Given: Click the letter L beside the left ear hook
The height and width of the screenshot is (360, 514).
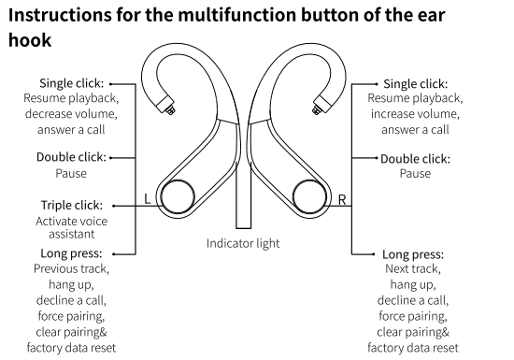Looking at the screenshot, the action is point(148,198).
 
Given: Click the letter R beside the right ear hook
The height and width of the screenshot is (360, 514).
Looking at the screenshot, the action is point(342,199).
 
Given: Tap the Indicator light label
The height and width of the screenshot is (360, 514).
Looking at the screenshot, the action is point(243,244).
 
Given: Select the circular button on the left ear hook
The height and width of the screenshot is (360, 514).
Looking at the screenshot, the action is point(178,196).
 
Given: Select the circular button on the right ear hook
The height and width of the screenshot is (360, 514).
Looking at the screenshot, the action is point(309,196).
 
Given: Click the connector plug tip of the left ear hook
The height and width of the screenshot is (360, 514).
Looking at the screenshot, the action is point(170,109).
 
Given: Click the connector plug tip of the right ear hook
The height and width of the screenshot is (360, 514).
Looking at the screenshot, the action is point(317,109).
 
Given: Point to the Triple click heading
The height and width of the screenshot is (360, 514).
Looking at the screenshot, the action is point(72,205).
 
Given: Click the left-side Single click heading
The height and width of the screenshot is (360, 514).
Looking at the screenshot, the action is point(71,83).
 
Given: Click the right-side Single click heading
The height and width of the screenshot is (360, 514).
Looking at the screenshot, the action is point(416,84).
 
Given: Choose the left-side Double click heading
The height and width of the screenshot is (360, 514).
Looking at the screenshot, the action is point(71,157).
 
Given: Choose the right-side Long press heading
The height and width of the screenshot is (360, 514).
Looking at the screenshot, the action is point(413,254).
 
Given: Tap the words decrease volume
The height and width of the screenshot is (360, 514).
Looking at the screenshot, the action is point(71,114).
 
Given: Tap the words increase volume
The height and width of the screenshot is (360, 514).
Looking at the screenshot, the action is point(415,114).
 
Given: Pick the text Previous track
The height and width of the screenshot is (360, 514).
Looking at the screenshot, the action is point(71,269).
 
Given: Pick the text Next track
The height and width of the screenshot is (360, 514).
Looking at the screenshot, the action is point(413,269).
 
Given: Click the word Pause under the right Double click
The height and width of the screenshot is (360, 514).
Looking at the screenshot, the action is point(415,173).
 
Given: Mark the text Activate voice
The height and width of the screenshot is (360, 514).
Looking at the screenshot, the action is point(71,222).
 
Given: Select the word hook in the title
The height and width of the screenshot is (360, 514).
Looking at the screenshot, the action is point(30,40).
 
